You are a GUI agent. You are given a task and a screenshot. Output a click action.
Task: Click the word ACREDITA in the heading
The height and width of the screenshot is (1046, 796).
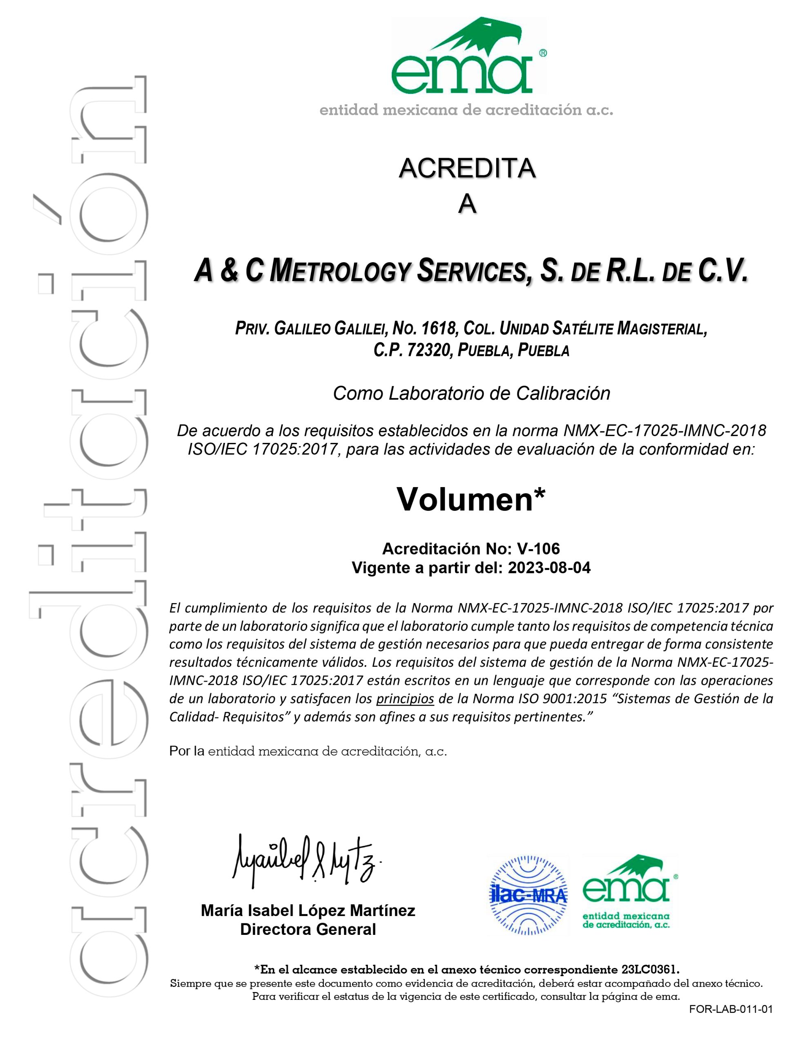tap(467, 169)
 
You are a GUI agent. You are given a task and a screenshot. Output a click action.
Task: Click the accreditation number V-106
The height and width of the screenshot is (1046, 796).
tap(538, 549)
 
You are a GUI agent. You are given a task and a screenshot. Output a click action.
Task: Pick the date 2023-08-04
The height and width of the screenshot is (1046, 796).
tap(549, 568)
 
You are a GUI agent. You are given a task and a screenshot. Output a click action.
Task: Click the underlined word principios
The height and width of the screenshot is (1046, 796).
tap(405, 699)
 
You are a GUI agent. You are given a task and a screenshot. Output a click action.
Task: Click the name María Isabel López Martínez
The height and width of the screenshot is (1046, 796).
tap(308, 910)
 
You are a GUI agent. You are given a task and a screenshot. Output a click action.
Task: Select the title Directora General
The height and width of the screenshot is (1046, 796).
tap(308, 930)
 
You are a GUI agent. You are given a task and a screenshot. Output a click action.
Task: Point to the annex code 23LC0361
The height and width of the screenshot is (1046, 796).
tap(650, 968)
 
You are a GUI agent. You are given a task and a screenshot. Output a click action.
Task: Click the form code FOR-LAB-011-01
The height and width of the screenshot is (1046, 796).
tap(731, 1010)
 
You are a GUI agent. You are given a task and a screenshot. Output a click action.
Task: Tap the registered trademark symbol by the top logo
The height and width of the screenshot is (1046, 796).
tap(543, 53)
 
